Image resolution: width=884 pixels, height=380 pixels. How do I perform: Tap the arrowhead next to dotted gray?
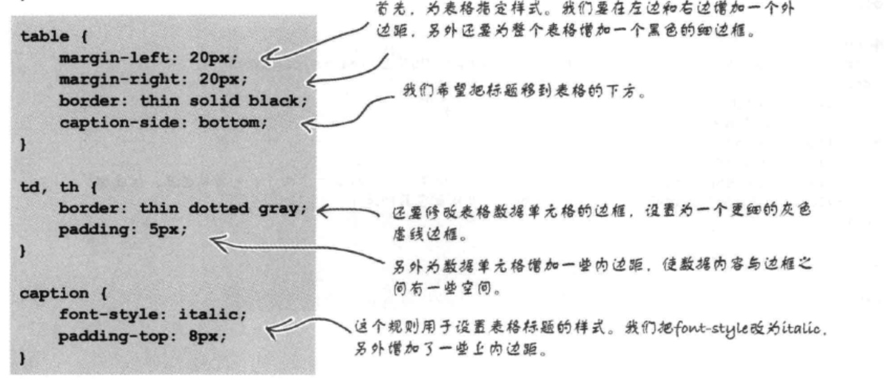pos(323,209)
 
